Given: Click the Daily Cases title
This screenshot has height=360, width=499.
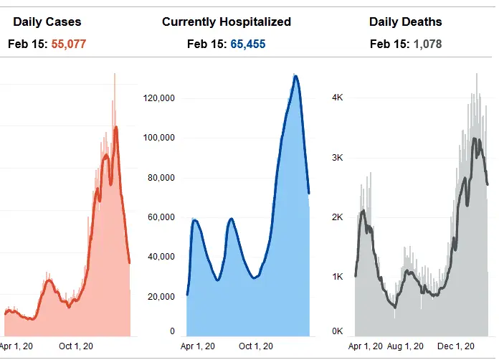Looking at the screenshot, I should pyautogui.click(x=47, y=22).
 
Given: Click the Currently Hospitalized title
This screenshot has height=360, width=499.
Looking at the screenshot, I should pyautogui.click(x=227, y=22).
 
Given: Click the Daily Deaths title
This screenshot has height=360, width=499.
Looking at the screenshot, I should pyautogui.click(x=406, y=22).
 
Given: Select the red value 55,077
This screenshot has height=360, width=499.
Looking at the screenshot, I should pyautogui.click(x=71, y=44).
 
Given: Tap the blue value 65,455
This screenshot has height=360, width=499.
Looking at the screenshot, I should pyautogui.click(x=248, y=44).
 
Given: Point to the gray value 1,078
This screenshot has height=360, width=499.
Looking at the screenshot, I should pyautogui.click(x=427, y=44).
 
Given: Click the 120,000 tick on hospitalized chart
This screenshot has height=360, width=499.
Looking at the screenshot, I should pyautogui.click(x=161, y=98).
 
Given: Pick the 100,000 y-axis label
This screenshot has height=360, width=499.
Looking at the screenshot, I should pyautogui.click(x=161, y=138).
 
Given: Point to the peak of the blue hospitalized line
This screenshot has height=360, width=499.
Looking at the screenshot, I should pyautogui.click(x=295, y=75).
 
